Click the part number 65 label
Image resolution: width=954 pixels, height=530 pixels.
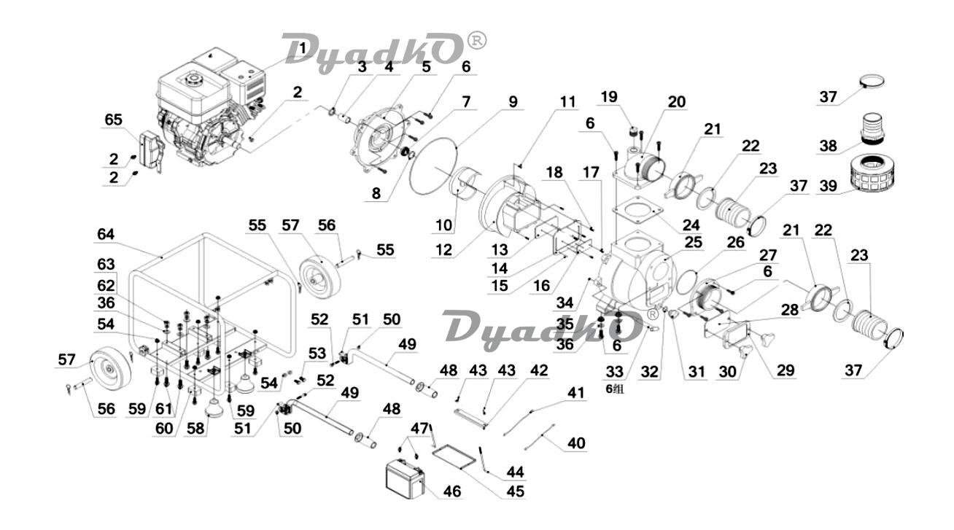113,120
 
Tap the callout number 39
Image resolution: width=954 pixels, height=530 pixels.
829,186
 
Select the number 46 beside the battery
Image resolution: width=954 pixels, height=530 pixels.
452,491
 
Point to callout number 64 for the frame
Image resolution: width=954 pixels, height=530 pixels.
106,234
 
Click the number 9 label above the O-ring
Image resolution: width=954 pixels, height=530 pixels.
513,102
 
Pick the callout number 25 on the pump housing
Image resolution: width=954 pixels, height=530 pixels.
694,242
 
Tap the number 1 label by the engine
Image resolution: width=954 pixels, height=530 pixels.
303,48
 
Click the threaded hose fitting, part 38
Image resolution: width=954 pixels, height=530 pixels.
872,128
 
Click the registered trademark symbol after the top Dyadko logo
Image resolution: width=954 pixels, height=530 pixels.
477,41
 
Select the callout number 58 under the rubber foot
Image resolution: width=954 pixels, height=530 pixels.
195,428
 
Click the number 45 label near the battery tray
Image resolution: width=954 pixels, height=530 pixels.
516,491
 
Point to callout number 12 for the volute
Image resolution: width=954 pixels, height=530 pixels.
443,250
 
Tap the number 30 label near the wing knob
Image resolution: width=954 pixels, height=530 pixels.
727,372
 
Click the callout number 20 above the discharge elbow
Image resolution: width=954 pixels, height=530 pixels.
677,102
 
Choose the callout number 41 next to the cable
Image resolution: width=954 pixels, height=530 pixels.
575,392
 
